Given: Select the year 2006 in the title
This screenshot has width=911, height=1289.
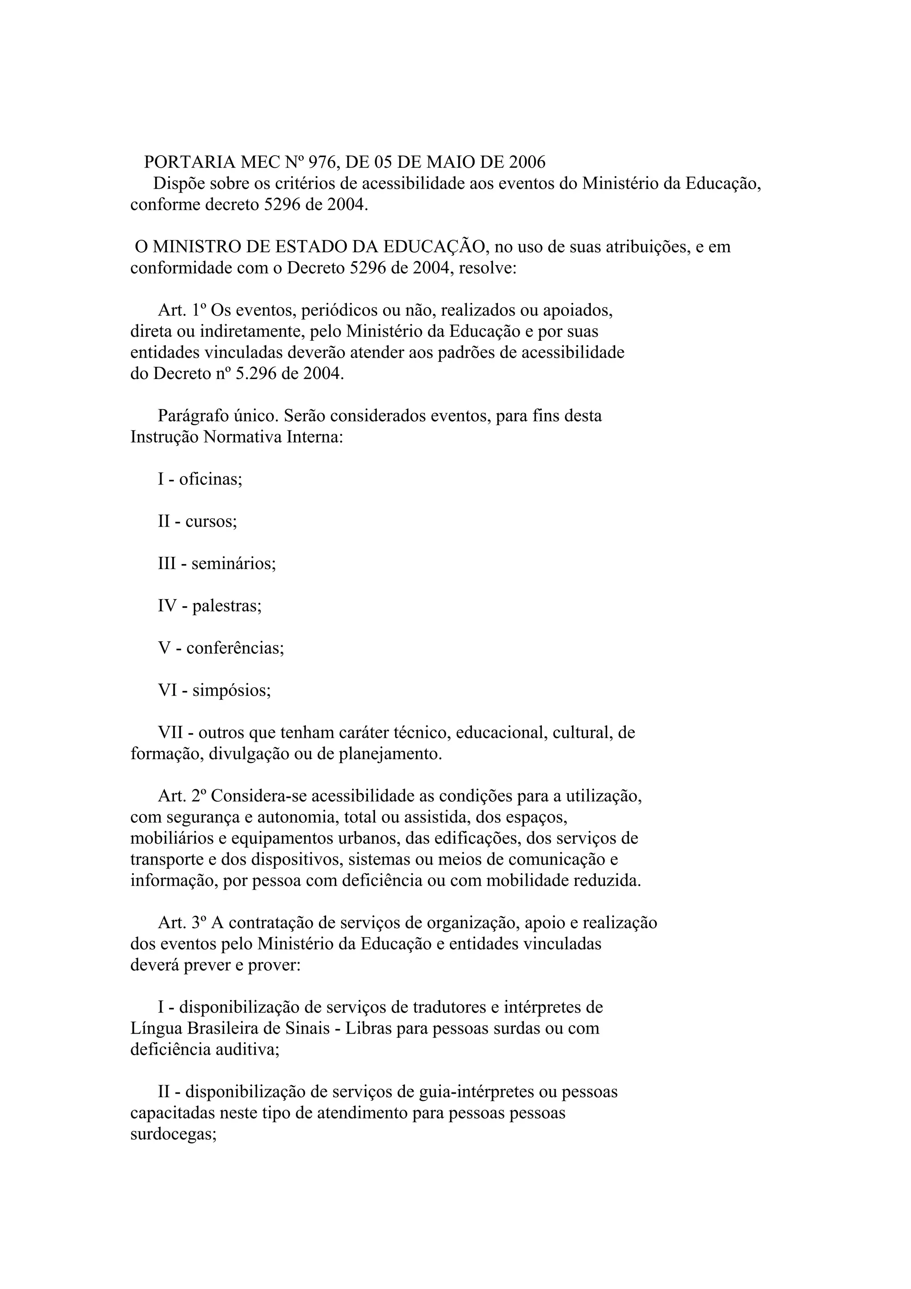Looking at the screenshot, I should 527,162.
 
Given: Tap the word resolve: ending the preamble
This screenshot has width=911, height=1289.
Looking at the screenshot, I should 487,268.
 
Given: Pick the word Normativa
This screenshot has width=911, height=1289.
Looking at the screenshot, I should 242,437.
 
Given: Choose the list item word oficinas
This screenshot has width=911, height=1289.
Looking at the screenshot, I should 210,479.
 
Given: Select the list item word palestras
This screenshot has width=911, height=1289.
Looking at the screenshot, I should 227,606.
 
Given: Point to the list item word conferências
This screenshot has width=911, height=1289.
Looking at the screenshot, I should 235,649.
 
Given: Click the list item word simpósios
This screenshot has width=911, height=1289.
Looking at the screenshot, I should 231,690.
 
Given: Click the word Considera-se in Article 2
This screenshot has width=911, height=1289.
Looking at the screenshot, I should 258,796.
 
